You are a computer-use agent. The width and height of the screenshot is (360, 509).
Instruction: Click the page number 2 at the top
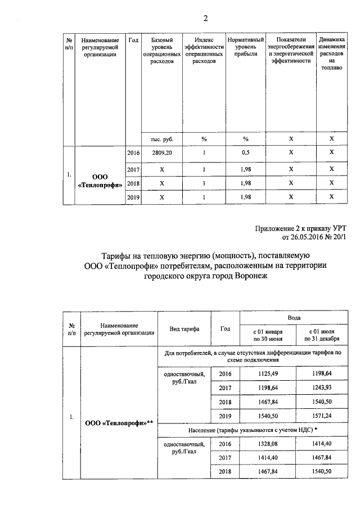click(x=206, y=19)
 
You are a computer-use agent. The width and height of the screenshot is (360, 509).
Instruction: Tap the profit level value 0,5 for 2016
click(x=245, y=152)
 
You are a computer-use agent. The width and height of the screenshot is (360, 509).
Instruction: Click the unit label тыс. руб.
click(x=162, y=138)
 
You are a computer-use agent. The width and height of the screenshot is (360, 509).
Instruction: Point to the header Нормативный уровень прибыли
click(x=245, y=47)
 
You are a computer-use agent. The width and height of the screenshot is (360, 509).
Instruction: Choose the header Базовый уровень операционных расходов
click(x=162, y=50)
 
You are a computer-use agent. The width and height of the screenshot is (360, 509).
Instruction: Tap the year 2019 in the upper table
click(x=133, y=197)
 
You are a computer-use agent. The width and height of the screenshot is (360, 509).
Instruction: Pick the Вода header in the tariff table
click(x=294, y=317)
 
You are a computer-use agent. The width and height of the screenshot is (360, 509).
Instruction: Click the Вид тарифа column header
click(x=184, y=329)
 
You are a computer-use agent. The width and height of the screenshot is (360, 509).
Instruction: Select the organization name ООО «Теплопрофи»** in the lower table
click(x=119, y=422)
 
